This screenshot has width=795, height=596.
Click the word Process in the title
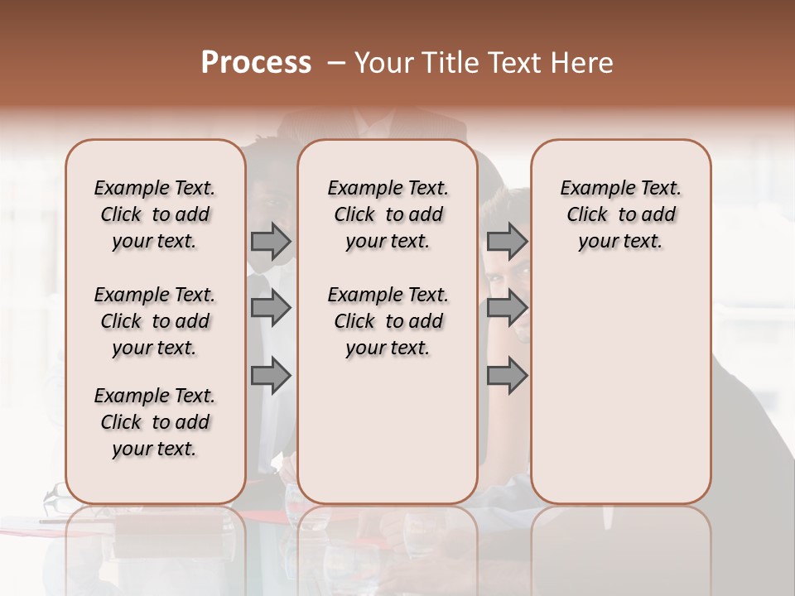point(256,63)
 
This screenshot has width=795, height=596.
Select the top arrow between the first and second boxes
point(271,242)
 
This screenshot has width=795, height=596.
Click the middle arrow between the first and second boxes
point(271,309)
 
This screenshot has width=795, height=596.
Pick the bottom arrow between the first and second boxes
point(271,376)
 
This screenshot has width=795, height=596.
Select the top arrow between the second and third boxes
point(507,242)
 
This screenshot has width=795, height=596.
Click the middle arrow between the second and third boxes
point(507,309)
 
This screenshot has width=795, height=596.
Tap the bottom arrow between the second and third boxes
point(507,376)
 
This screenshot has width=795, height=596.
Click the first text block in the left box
point(155,214)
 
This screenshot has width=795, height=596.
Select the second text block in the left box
point(155,321)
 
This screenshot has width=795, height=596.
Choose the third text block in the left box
point(155,422)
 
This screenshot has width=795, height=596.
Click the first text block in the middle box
point(388,214)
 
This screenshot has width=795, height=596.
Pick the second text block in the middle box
point(388,321)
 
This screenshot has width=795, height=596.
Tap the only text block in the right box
point(620,214)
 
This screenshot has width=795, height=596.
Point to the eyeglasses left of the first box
point(56,499)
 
